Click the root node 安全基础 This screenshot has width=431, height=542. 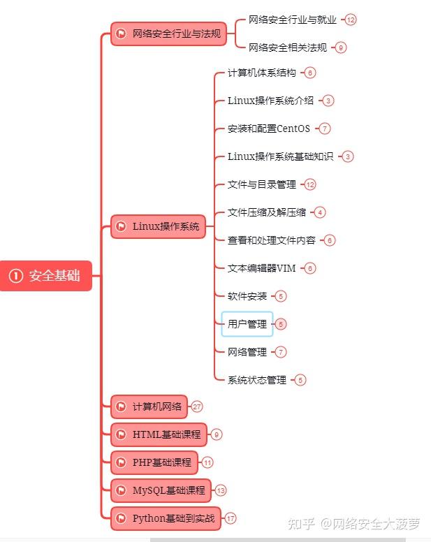(x=46, y=276)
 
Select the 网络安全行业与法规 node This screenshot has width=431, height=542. (x=168, y=34)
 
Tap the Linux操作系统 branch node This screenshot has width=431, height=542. (x=159, y=226)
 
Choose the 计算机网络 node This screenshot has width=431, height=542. (x=149, y=406)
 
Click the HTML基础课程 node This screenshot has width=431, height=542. (x=159, y=434)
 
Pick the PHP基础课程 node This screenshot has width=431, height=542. (x=154, y=462)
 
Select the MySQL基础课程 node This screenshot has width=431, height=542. (x=161, y=490)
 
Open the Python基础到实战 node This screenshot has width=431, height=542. (x=166, y=518)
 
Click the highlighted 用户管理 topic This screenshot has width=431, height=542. (x=247, y=324)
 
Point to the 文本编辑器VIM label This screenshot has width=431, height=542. (x=261, y=268)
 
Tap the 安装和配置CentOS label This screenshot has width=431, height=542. (x=268, y=129)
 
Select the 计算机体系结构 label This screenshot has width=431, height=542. (x=261, y=73)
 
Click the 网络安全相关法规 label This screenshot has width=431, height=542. (x=287, y=47)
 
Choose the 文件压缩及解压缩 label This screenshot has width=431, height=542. (x=266, y=212)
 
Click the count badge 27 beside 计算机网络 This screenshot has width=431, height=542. (x=197, y=406)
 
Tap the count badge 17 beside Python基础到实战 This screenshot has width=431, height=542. (x=231, y=518)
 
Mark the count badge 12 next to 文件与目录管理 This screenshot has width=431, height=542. (x=310, y=184)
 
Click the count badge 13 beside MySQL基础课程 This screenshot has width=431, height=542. (x=221, y=490)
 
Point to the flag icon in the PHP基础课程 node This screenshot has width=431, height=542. (x=121, y=462)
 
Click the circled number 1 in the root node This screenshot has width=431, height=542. (x=15, y=276)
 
